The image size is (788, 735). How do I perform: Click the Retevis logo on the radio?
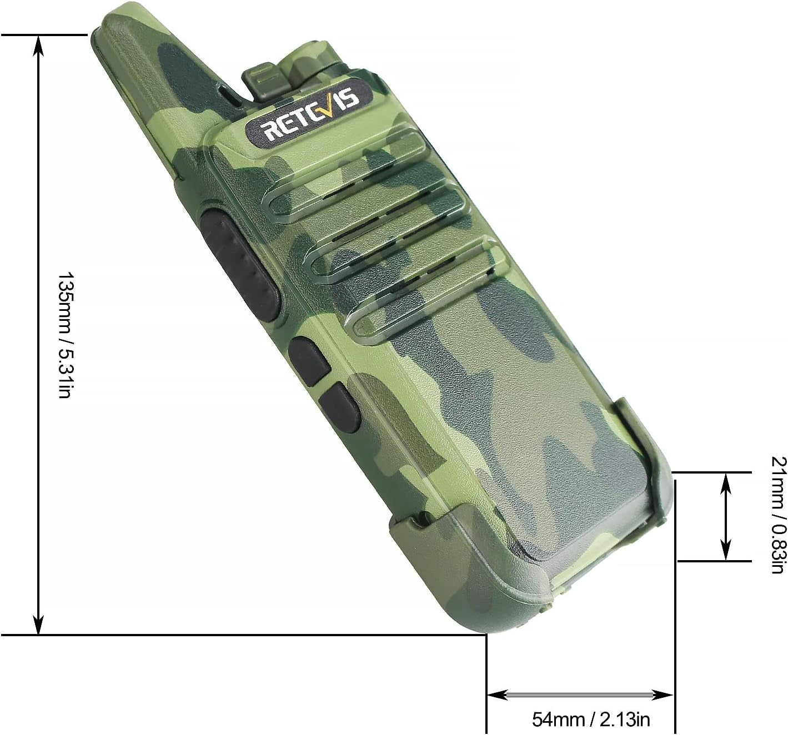(309, 114)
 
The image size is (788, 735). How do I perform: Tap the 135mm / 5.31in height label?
(64, 335)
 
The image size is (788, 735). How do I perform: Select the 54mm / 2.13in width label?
(591, 707)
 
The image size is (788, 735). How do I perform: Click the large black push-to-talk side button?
(242, 266)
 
